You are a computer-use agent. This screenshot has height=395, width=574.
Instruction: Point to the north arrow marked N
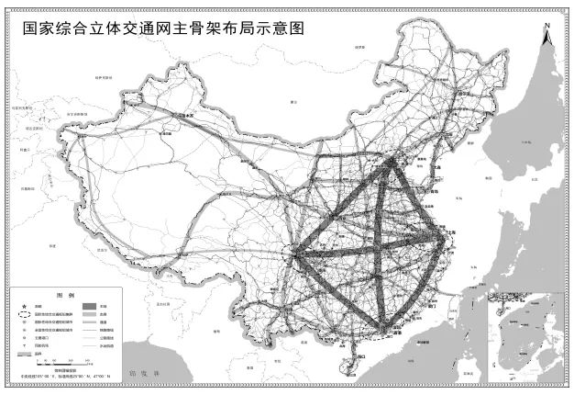(546, 38)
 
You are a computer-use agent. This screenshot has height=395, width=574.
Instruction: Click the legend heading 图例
(64, 297)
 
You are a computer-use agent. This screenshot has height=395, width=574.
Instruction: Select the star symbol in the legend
(24, 307)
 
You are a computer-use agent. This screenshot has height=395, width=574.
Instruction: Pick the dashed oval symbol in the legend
(24, 315)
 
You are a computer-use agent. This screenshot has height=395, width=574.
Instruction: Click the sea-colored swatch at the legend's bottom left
(24, 354)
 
